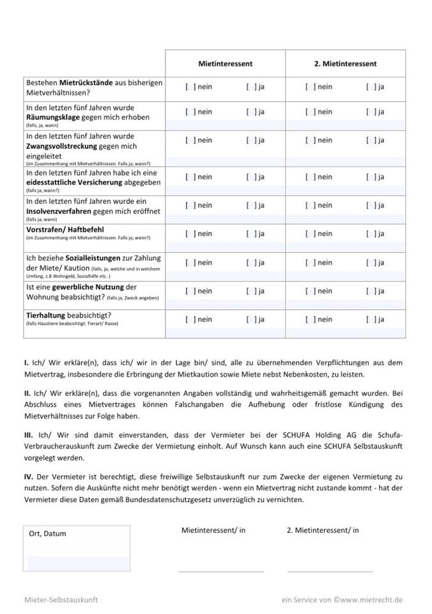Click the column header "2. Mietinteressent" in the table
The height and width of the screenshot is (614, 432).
[345, 63]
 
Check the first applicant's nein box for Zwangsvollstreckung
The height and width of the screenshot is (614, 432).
[190, 140]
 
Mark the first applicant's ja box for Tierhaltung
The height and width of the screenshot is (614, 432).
[251, 319]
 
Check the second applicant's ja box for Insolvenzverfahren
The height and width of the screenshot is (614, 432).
[371, 205]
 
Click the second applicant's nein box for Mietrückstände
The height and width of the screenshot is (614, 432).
[311, 86]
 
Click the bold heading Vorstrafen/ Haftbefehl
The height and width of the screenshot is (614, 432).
[65, 229]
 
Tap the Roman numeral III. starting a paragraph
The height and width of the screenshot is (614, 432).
[28, 435]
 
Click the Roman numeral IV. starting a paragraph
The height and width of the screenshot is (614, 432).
[29, 477]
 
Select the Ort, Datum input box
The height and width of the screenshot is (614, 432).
[77, 549]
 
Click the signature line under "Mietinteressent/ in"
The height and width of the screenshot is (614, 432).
[220, 570]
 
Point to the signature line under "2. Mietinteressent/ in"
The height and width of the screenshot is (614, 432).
[330, 570]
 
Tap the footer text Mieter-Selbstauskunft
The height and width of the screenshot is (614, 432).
[61, 600]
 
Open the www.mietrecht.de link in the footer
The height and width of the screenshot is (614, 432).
[371, 600]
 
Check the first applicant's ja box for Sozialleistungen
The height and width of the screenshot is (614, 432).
[251, 262]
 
